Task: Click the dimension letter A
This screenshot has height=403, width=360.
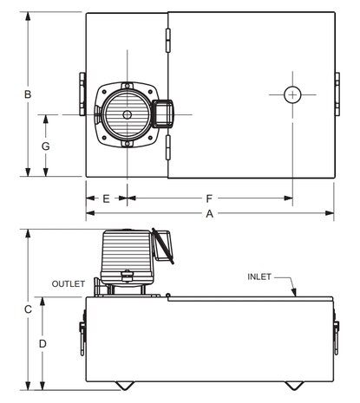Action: coord(209,212)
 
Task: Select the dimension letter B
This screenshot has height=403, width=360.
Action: coord(28,94)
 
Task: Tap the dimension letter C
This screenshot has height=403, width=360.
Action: coord(28,309)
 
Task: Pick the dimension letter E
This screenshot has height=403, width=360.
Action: coord(105,198)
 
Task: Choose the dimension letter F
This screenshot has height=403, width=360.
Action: coord(209,198)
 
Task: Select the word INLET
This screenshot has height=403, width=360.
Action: coord(259,277)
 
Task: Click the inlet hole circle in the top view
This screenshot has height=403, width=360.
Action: coord(294,94)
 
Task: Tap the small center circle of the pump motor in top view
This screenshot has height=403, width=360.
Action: coord(127,114)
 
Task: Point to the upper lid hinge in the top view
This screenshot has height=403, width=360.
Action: coord(168,36)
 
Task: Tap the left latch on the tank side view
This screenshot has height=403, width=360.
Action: coord(82,336)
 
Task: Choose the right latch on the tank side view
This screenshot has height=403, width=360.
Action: coord(337,336)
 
